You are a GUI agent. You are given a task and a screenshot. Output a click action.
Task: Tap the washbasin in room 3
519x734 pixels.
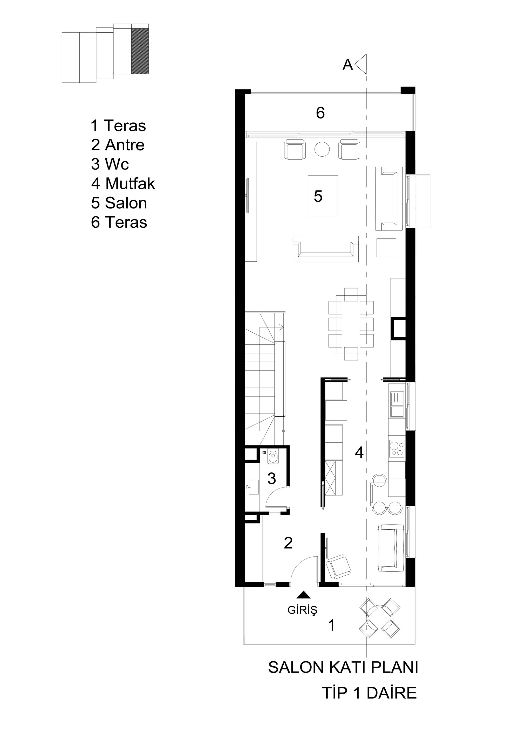coord(252,487)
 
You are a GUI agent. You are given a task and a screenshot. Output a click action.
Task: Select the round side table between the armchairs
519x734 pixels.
coord(322,149)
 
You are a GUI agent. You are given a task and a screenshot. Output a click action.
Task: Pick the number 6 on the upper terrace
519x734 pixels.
coord(320,113)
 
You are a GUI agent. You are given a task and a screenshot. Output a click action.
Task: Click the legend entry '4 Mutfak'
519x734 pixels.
coord(123,184)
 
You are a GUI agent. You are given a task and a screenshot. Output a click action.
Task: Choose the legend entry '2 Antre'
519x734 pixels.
coord(118,145)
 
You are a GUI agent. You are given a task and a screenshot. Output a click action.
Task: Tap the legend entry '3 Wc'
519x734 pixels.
coord(110,164)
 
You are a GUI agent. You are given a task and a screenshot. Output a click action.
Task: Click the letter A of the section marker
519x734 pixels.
coord(347,65)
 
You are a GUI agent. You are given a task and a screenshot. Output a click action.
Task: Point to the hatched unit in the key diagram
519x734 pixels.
coord(140,51)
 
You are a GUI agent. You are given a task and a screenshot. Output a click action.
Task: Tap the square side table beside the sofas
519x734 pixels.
coord(386,248)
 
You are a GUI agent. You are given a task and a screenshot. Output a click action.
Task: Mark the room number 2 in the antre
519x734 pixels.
coord(288,543)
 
